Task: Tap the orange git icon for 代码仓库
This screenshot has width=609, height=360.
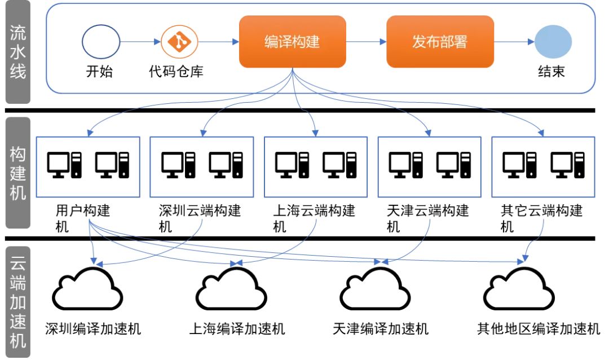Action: [179, 42]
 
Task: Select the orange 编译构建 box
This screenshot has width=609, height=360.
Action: [293, 42]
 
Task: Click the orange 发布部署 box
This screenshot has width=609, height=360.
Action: [440, 42]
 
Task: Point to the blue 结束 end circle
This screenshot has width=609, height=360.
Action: [553, 42]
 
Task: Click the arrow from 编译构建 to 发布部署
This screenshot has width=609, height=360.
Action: [367, 42]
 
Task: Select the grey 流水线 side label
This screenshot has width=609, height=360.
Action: [18, 52]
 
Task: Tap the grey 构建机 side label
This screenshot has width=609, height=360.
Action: [18, 173]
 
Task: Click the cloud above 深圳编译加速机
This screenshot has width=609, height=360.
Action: [87, 289]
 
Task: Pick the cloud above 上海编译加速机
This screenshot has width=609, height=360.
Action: [232, 289]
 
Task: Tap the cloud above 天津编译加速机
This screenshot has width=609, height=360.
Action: [375, 289]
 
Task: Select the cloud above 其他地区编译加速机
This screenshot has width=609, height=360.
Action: [519, 289]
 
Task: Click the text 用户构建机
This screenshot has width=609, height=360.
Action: [83, 218]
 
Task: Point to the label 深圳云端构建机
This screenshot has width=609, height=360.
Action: [200, 218]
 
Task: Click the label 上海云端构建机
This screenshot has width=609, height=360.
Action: [314, 218]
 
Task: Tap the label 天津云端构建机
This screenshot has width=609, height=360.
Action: [427, 218]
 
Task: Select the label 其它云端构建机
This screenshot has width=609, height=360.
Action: [541, 218]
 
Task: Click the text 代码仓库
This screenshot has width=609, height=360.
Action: [176, 72]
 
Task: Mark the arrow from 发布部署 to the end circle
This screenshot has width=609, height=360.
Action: [514, 42]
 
